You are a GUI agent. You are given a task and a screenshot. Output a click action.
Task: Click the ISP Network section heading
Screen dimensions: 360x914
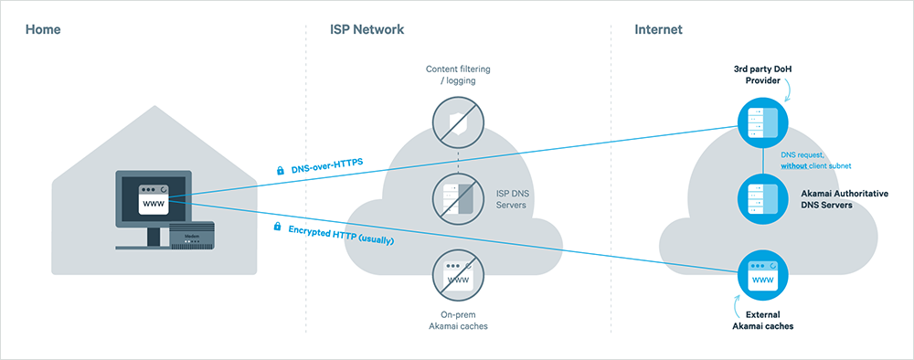pos(367,30)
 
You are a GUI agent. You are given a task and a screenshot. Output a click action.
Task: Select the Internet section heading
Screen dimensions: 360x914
pos(658,30)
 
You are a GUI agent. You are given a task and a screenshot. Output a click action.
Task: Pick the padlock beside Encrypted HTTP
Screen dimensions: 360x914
pos(277,225)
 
